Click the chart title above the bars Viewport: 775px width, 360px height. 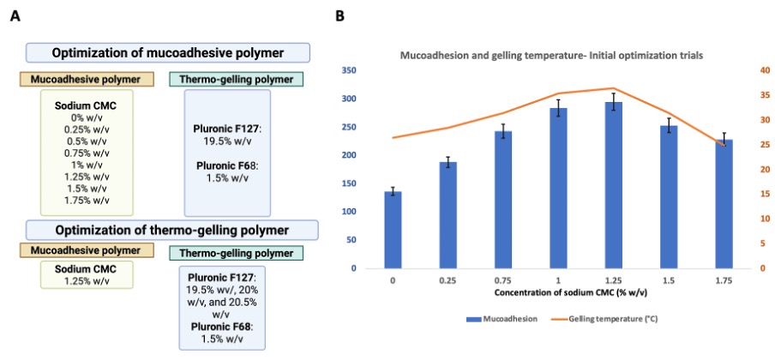(x=553, y=54)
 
